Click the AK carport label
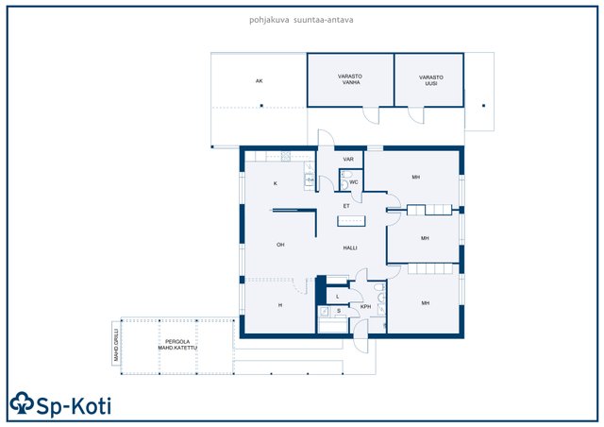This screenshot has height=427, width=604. (x=260, y=81)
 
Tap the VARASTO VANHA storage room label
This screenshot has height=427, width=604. (x=350, y=79)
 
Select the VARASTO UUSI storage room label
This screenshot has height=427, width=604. (x=431, y=80)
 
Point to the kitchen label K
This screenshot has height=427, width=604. (x=276, y=183)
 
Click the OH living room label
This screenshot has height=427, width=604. (x=280, y=245)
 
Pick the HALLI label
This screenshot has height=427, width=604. (x=350, y=248)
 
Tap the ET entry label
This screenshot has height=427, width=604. (x=346, y=206)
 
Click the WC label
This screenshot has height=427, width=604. (x=354, y=182)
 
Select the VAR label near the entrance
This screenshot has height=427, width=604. (x=348, y=160)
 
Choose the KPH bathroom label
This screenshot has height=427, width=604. (x=365, y=307)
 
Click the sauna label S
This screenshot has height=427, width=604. (x=339, y=311)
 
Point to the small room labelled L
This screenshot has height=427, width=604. (x=338, y=297)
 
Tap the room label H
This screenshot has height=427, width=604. (x=280, y=305)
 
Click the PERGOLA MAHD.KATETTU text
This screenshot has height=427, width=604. (x=177, y=345)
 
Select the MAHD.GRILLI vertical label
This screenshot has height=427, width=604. (x=116, y=345)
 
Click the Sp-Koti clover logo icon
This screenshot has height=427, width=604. (x=22, y=403)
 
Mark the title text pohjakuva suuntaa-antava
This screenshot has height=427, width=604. (x=301, y=20)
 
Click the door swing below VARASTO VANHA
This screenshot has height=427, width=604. (x=371, y=115)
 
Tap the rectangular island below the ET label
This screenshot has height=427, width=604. (x=351, y=221)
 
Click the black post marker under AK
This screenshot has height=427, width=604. (x=261, y=106)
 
